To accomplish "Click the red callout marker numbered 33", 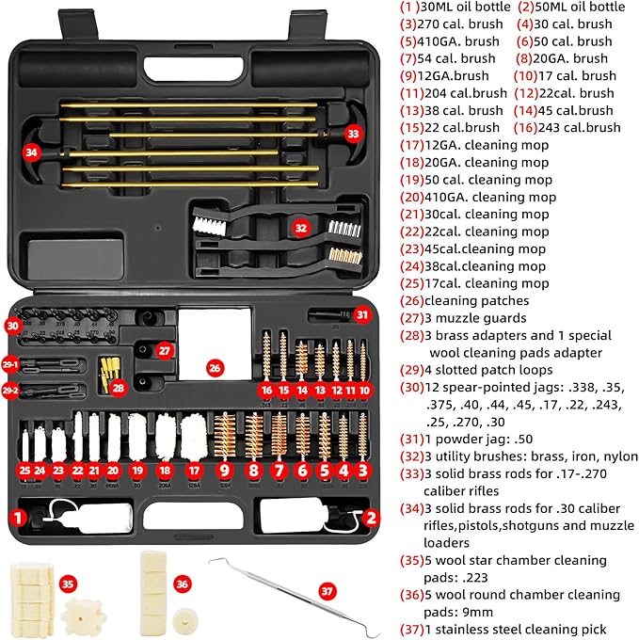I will tap(353, 134).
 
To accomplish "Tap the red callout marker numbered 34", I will tap(33, 151).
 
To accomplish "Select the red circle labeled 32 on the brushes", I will tap(300, 227).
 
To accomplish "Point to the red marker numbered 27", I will tap(164, 350).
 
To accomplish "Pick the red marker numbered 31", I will tap(362, 314).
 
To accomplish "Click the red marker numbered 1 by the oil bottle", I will tap(16, 516).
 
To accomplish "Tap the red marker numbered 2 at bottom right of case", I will tap(371, 516).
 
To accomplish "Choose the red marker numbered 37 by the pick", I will tap(327, 590).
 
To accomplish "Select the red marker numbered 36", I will tap(183, 584).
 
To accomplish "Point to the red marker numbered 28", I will tap(120, 386).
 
